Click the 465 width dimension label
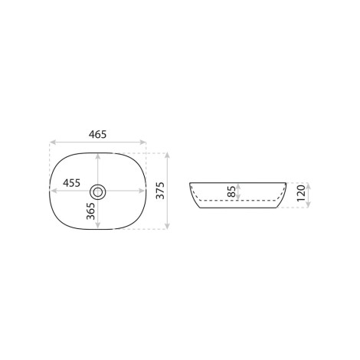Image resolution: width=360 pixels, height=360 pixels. tap(97, 134)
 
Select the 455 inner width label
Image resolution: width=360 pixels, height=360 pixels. tap(72, 183)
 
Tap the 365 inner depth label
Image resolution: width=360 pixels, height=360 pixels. tap(90, 211)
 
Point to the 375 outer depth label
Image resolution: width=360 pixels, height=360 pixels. tap(160, 191)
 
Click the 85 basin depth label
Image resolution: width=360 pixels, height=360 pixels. tap(232, 191)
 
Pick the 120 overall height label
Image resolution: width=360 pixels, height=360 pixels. tap(301, 193)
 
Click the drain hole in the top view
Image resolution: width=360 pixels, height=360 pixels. tap(97, 191)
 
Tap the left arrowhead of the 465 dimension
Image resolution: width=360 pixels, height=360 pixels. tap(52, 142)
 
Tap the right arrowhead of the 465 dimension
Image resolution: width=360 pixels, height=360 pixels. tap(143, 142)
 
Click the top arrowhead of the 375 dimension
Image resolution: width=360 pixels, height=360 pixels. tap(167, 155)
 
